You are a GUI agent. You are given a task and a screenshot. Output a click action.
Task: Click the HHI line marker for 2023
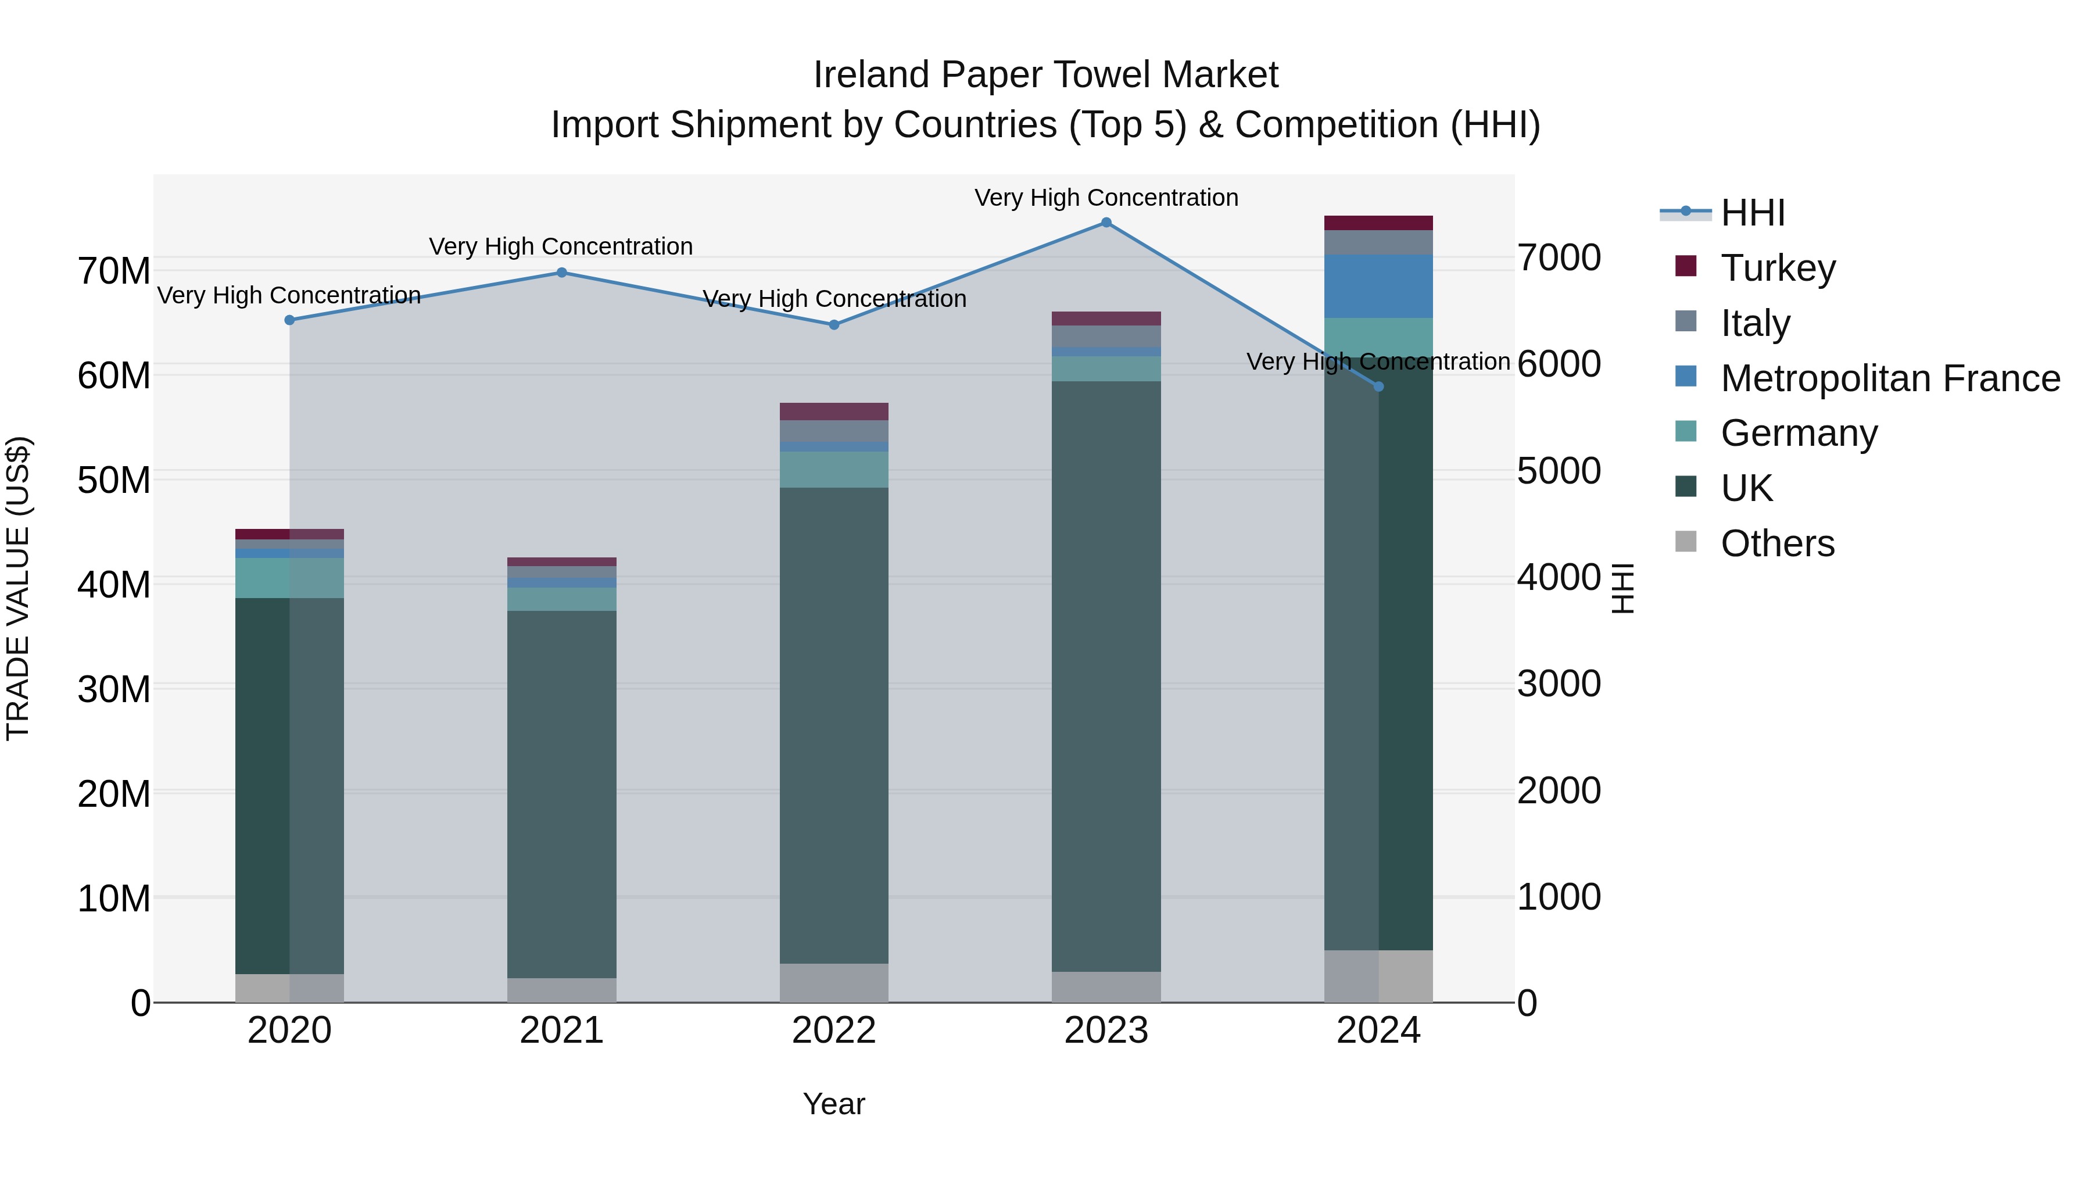coord(1106,223)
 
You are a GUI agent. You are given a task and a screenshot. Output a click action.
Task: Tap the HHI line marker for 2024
coord(1378,387)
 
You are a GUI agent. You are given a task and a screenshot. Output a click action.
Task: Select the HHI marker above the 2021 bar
coord(561,273)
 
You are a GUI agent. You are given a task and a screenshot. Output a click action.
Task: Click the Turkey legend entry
coord(1777,268)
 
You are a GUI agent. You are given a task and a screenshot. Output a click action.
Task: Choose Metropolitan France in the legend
coord(1889,378)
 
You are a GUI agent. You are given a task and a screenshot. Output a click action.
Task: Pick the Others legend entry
coord(1777,543)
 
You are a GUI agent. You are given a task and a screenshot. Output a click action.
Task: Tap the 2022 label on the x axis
coord(833,1031)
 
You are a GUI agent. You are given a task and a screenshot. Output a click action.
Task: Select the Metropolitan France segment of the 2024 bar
coord(1378,286)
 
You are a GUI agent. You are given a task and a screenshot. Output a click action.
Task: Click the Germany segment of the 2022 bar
coord(833,470)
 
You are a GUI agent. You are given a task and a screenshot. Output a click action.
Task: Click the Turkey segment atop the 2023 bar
coord(1106,319)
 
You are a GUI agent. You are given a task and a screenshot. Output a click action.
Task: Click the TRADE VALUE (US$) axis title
coord(18,588)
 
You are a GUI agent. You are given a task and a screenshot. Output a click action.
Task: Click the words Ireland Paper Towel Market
coord(1045,75)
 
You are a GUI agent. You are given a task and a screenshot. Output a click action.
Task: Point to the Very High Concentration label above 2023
coord(1106,198)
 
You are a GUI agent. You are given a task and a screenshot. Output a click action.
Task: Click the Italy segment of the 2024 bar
coord(1378,242)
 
